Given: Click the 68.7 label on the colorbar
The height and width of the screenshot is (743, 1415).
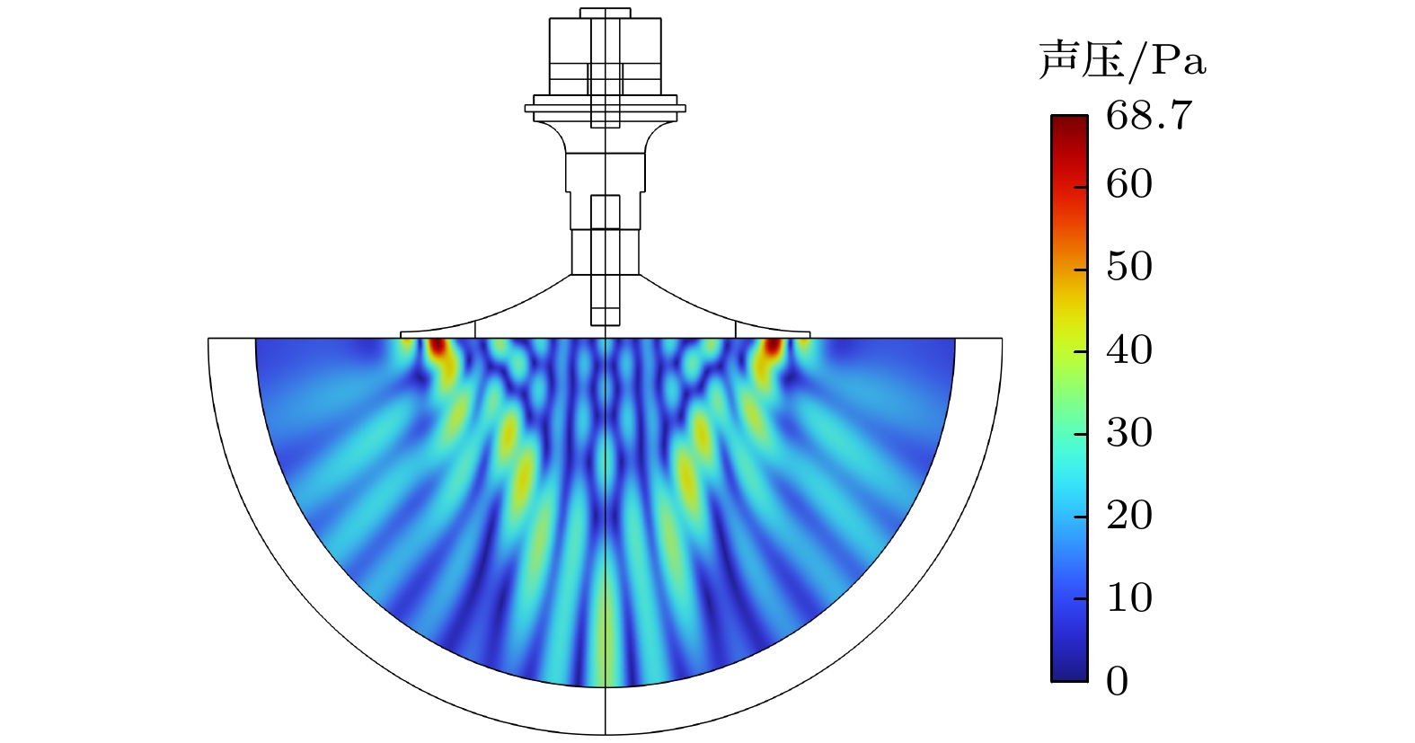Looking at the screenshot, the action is [1149, 116].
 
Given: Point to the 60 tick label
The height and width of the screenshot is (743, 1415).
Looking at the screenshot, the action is [1129, 184].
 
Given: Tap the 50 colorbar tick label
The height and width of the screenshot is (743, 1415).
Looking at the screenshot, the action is [1129, 266].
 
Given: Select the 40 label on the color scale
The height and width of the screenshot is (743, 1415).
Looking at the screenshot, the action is [1129, 349].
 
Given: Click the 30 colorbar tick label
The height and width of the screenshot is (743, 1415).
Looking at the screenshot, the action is [1129, 433].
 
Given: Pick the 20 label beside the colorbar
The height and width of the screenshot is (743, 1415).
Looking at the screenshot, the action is [1129, 516].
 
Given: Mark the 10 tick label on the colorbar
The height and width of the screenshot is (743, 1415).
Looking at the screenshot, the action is [1129, 597].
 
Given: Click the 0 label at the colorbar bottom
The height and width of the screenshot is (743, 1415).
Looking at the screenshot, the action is [1118, 682].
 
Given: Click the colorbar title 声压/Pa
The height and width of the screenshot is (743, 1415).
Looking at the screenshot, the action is [1122, 60].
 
